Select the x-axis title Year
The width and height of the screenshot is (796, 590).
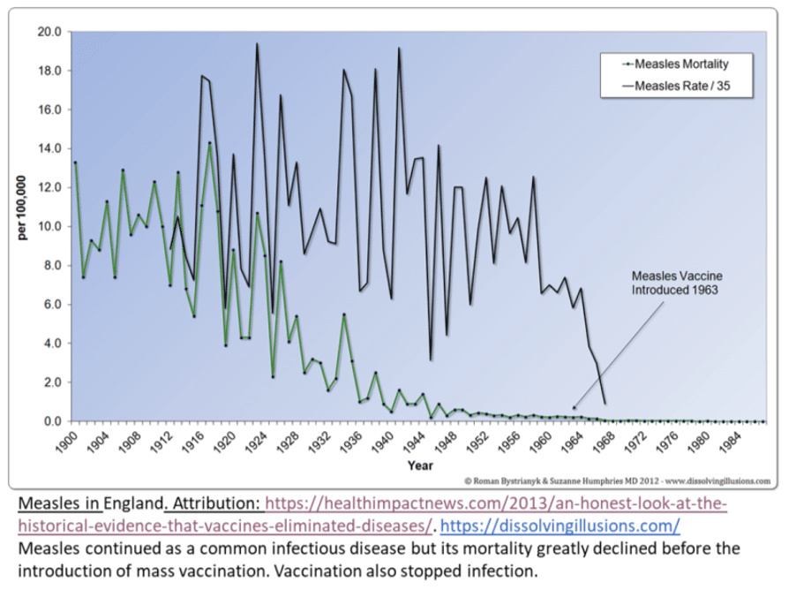(420, 465)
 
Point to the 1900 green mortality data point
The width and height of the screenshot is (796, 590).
(76, 163)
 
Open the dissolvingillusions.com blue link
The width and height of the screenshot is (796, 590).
(560, 526)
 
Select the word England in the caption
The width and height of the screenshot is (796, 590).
(133, 504)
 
